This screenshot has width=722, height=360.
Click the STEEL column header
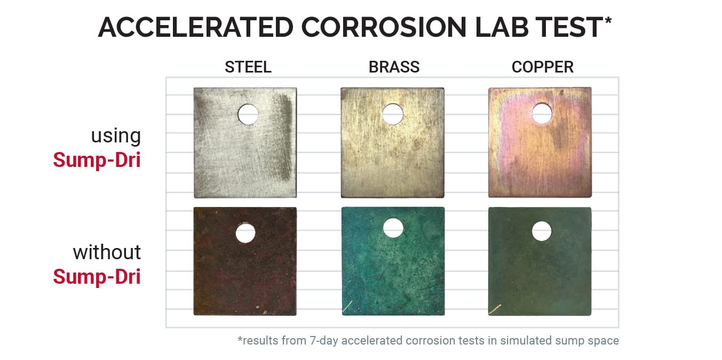click(x=248, y=67)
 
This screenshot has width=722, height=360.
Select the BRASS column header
click(x=394, y=67)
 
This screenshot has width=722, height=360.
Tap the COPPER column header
click(x=543, y=67)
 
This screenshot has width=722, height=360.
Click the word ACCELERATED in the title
click(x=196, y=27)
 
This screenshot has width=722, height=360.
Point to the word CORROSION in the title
click(x=384, y=27)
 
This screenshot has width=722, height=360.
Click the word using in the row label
click(x=116, y=136)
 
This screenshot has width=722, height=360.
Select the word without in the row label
click(x=107, y=252)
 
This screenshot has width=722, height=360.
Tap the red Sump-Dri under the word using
click(x=97, y=160)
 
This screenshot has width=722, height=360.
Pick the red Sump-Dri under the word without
click(x=97, y=277)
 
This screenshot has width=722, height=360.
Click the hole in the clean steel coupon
click(x=248, y=114)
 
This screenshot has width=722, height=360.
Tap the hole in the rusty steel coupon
click(x=245, y=233)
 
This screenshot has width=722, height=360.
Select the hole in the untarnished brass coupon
click(x=393, y=114)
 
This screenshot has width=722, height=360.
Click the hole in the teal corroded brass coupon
click(x=393, y=228)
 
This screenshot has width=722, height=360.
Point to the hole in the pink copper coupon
click(x=542, y=114)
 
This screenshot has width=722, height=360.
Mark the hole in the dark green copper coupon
click(x=542, y=231)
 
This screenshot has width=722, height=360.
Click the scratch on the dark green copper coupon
click(x=495, y=309)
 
